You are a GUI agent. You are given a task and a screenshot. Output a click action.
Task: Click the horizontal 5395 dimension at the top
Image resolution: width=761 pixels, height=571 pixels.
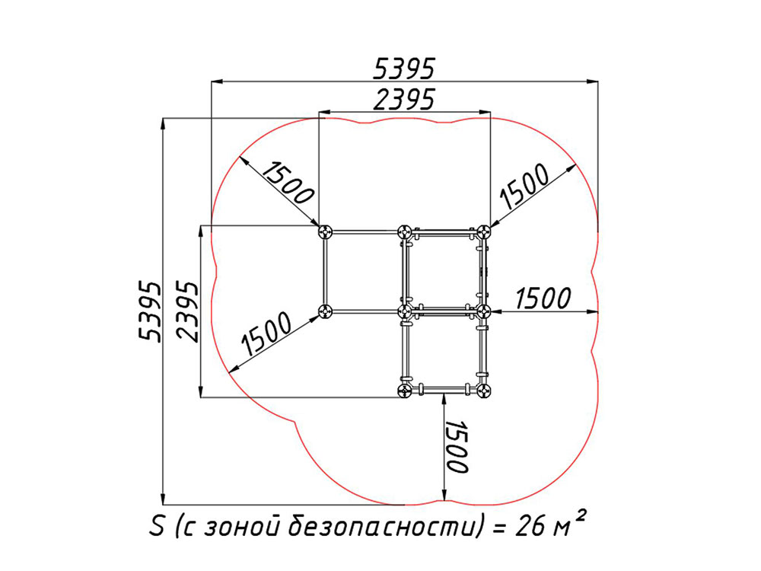(x=404, y=69)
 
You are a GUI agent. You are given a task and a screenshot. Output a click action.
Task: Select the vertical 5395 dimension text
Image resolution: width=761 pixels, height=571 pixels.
(x=149, y=311)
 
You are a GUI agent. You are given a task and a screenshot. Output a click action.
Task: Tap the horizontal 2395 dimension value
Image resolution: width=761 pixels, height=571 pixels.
(x=404, y=100)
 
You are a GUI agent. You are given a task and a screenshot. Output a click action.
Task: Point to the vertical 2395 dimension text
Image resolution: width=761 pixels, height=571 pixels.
(x=188, y=311)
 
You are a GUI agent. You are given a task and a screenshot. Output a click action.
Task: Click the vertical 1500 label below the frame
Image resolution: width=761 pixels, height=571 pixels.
(x=457, y=447)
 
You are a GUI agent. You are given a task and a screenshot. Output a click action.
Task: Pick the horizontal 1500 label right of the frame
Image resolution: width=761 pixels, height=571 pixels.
(x=543, y=298)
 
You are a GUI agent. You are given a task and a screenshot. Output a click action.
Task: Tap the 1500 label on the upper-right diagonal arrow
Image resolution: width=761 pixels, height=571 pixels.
(x=525, y=187)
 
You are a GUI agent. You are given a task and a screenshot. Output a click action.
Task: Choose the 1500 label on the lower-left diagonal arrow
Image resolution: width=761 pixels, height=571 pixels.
(x=267, y=333)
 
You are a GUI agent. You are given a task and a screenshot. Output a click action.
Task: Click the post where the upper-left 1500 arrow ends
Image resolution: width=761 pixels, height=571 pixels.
(x=325, y=232)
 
